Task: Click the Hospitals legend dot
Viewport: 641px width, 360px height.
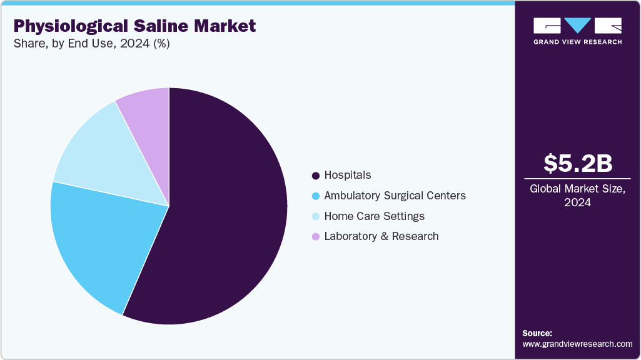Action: coord(316,176)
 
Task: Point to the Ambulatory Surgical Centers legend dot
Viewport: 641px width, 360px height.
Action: coord(316,196)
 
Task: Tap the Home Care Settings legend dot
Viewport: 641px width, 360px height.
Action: coord(316,216)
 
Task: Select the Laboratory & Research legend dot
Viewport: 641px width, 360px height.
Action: coord(316,237)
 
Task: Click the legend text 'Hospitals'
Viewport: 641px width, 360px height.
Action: coord(347,176)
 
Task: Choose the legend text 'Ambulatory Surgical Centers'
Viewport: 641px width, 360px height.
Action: coord(395,196)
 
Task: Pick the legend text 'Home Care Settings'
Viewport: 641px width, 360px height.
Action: coord(374,216)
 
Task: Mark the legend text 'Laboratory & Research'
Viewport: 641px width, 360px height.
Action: coord(381,236)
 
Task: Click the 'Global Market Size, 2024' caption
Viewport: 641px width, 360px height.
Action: coord(578,196)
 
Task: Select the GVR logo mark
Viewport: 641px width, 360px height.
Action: coord(577,26)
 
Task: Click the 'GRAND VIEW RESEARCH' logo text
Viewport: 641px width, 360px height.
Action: coord(577,42)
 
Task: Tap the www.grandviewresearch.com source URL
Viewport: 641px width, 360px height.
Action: coord(577,344)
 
